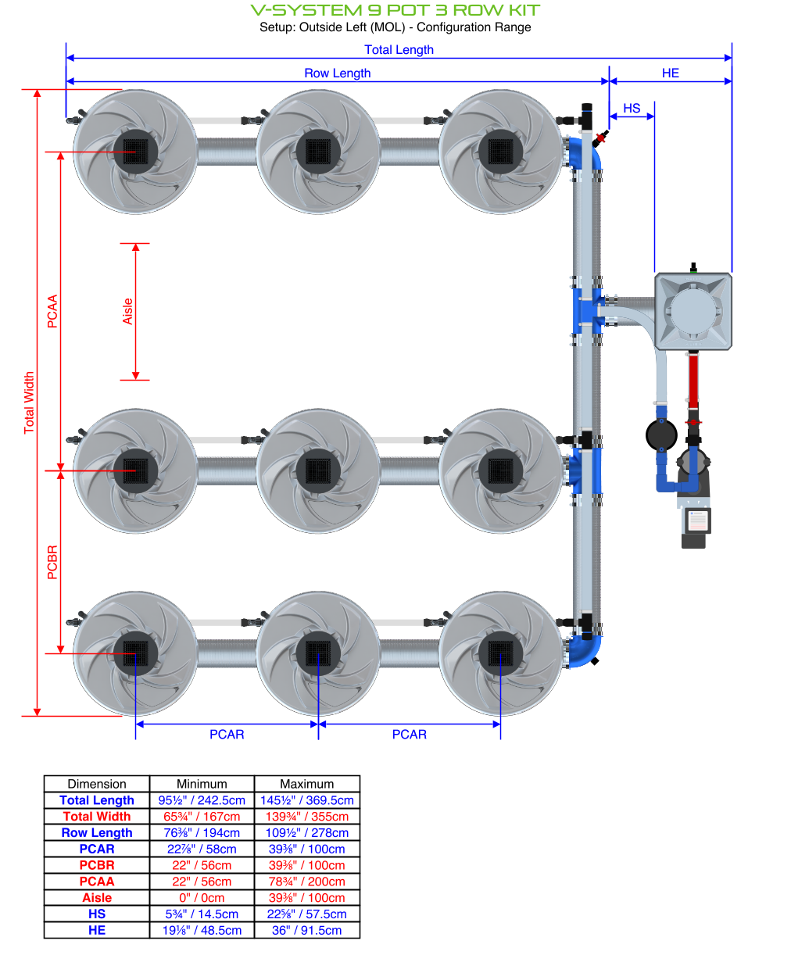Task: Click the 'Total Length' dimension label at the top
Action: (x=399, y=50)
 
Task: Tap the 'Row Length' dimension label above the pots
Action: (x=337, y=73)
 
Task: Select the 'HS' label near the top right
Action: (x=632, y=109)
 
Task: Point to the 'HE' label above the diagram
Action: (x=670, y=73)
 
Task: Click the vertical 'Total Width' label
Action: (x=30, y=402)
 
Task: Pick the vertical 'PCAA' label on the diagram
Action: (x=52, y=311)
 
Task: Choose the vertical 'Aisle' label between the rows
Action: (x=127, y=311)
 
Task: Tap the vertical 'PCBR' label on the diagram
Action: (x=52, y=562)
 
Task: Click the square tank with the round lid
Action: (x=693, y=310)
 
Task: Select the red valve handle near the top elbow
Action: (x=600, y=139)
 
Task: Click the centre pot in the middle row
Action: (x=318, y=470)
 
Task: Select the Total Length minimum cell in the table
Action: (x=202, y=800)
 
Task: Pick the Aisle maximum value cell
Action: (x=307, y=898)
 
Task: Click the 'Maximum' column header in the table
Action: (x=307, y=784)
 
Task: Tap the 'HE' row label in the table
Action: (x=97, y=930)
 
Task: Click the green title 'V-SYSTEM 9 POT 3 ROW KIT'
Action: (x=395, y=10)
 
